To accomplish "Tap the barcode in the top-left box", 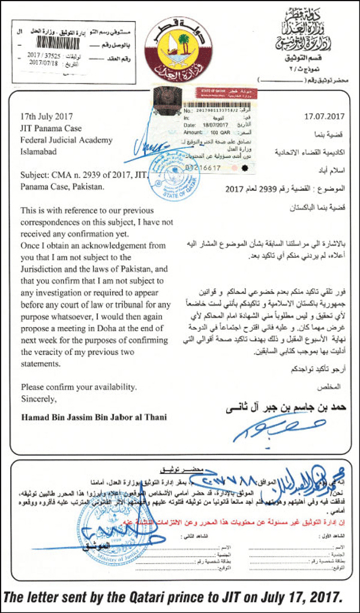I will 64,43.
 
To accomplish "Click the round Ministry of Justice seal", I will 104,527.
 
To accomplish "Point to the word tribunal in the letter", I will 119,309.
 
